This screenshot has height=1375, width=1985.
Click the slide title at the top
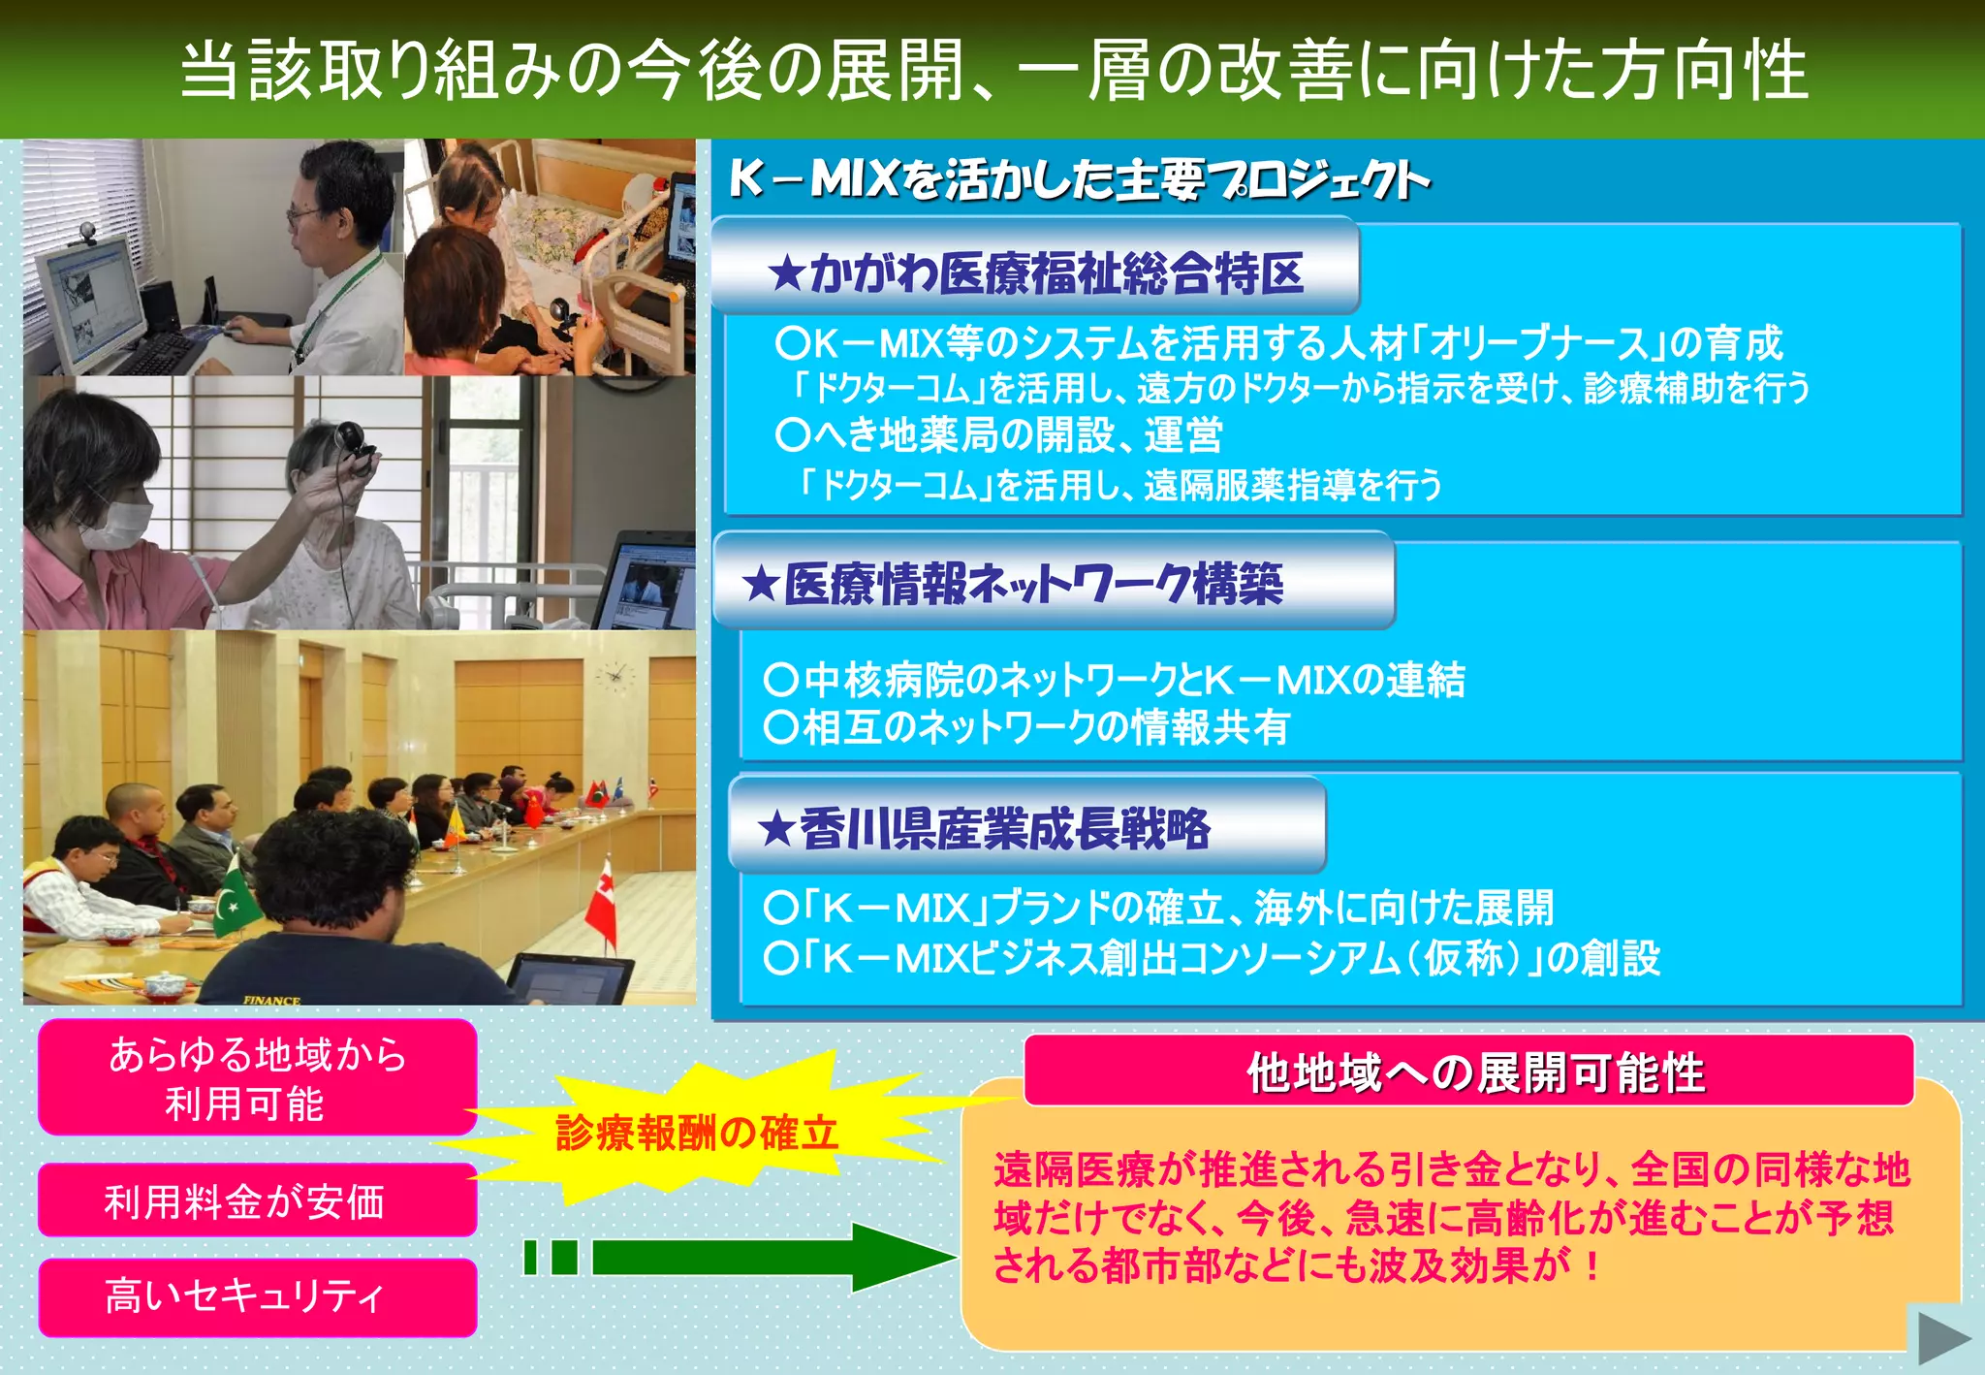coord(992,70)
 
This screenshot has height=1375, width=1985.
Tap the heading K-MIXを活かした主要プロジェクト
coord(1078,179)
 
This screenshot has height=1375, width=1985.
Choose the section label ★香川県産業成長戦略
coord(984,829)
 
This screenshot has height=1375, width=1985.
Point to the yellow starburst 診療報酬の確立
coord(696,1132)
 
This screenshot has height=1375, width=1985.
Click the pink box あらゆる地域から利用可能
coord(257,1077)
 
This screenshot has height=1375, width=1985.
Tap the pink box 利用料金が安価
coord(257,1200)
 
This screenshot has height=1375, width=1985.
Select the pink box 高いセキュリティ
coord(257,1296)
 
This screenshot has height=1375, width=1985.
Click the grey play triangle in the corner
coord(1941,1340)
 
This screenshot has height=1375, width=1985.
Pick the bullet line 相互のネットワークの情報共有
coord(1027,727)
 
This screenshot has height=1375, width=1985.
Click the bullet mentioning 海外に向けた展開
coord(1158,908)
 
